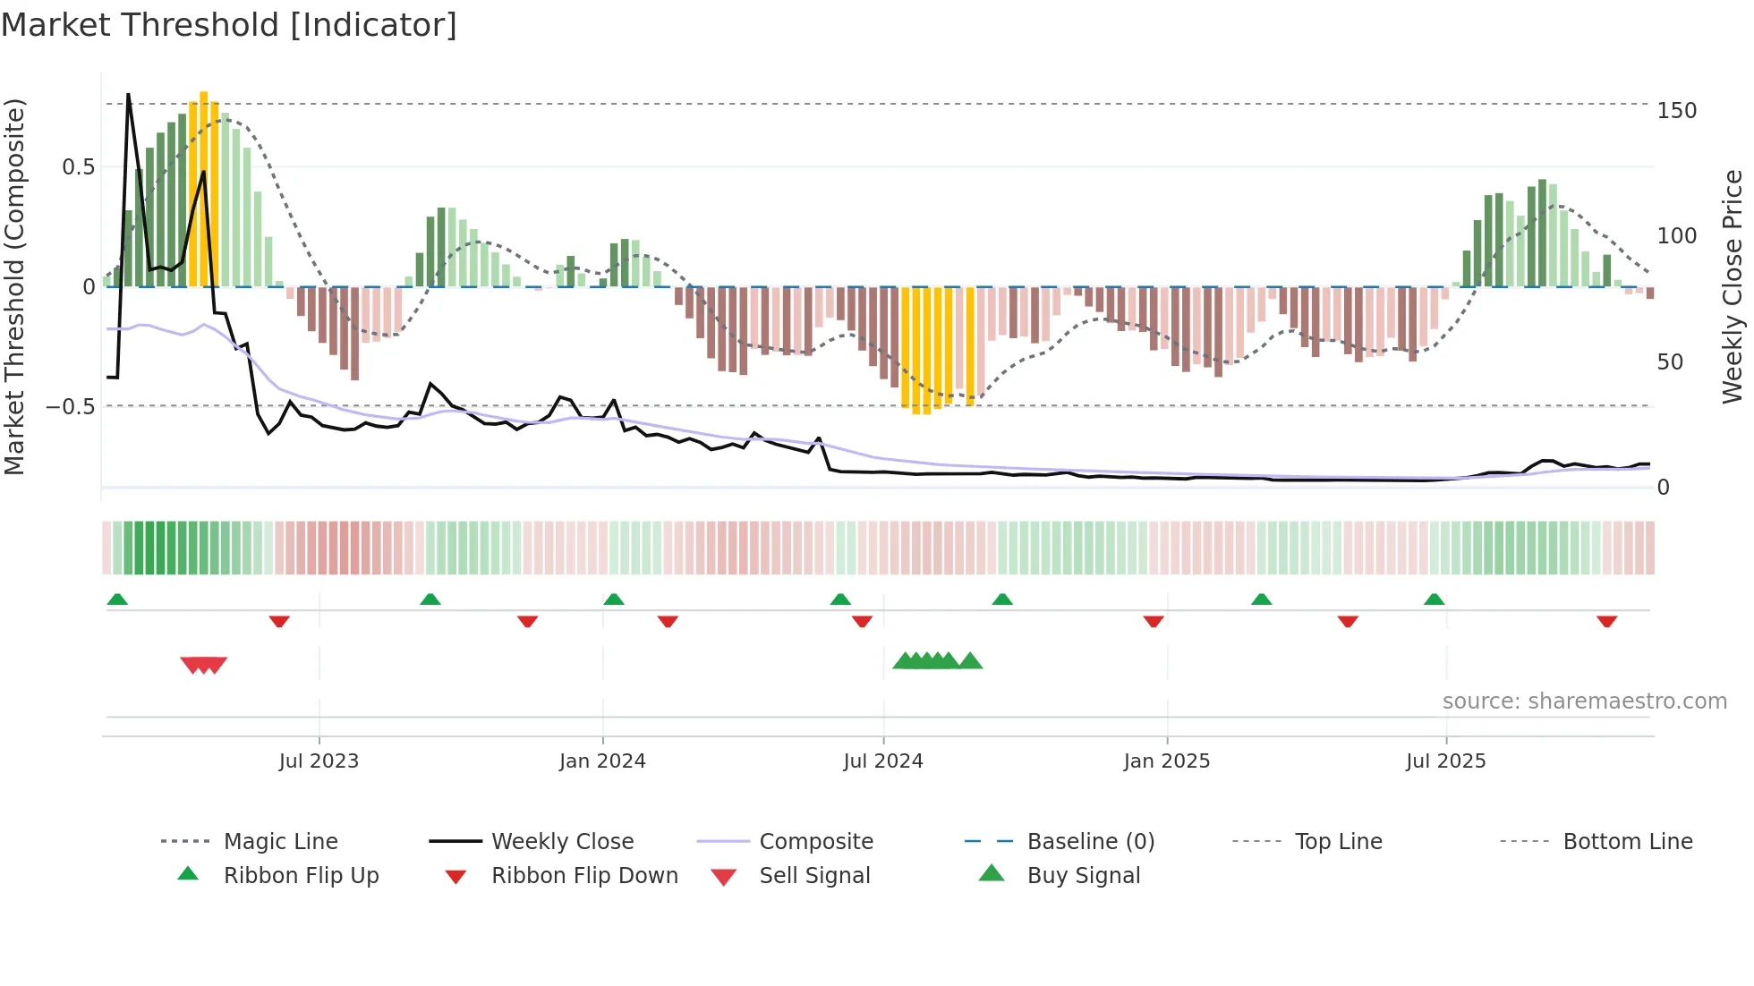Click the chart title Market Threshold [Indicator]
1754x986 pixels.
[229, 25]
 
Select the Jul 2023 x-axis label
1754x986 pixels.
[319, 761]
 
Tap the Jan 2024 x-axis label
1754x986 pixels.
[602, 761]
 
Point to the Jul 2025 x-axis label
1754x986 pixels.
[1445, 761]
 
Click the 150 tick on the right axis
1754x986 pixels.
[1676, 111]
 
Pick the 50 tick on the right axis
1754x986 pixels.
[1670, 362]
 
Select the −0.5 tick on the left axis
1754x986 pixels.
[71, 407]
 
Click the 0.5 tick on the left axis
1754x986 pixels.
[78, 167]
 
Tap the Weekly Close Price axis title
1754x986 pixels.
[1733, 286]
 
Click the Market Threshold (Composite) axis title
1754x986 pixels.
[14, 286]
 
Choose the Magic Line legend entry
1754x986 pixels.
[280, 842]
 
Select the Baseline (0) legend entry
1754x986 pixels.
[1090, 842]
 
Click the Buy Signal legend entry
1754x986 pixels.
[1083, 876]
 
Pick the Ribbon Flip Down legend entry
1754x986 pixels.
[583, 876]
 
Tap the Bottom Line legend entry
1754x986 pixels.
[1627, 842]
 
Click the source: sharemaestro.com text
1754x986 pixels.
[1584, 701]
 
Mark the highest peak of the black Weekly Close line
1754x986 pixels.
[128, 94]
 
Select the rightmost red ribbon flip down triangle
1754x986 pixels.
[1606, 621]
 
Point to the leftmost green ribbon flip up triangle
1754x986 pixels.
[117, 599]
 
